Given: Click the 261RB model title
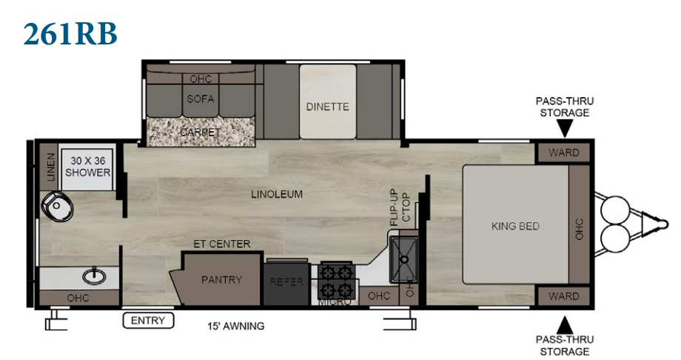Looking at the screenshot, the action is (x=70, y=33).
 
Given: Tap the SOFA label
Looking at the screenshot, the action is (x=200, y=99).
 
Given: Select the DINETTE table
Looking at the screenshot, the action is (x=327, y=102).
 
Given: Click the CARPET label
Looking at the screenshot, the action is (x=200, y=132).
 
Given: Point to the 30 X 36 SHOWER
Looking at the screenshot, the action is (x=87, y=167).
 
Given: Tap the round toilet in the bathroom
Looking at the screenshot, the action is (x=57, y=207).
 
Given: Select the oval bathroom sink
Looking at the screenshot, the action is (x=95, y=276).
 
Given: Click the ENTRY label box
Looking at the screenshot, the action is (x=148, y=321).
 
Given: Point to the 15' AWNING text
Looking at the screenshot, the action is (x=236, y=326).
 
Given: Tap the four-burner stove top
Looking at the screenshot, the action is (x=336, y=281).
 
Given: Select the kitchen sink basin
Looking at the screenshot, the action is (x=403, y=259).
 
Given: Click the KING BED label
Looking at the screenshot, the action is (x=515, y=226).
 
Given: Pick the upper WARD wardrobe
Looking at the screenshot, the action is (x=564, y=153).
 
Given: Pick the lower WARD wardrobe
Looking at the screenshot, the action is (x=564, y=296).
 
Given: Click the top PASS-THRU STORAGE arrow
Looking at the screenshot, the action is (x=565, y=129).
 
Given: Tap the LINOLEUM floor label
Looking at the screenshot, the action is (x=277, y=194).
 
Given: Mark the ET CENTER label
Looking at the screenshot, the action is (x=222, y=244).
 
